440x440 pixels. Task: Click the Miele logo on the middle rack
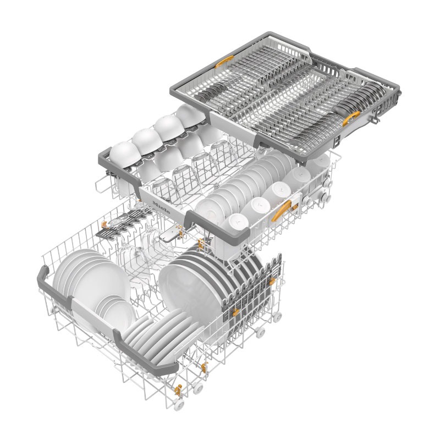pyautogui.click(x=161, y=208)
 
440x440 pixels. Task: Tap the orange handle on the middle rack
pyautogui.click(x=281, y=211)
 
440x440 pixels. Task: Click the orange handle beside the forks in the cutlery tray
pyautogui.click(x=351, y=118)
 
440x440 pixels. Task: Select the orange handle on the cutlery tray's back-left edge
pyautogui.click(x=224, y=61)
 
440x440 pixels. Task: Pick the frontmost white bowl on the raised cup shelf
pyautogui.click(x=125, y=155)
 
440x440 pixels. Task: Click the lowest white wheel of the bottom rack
pyautogui.click(x=179, y=405)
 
